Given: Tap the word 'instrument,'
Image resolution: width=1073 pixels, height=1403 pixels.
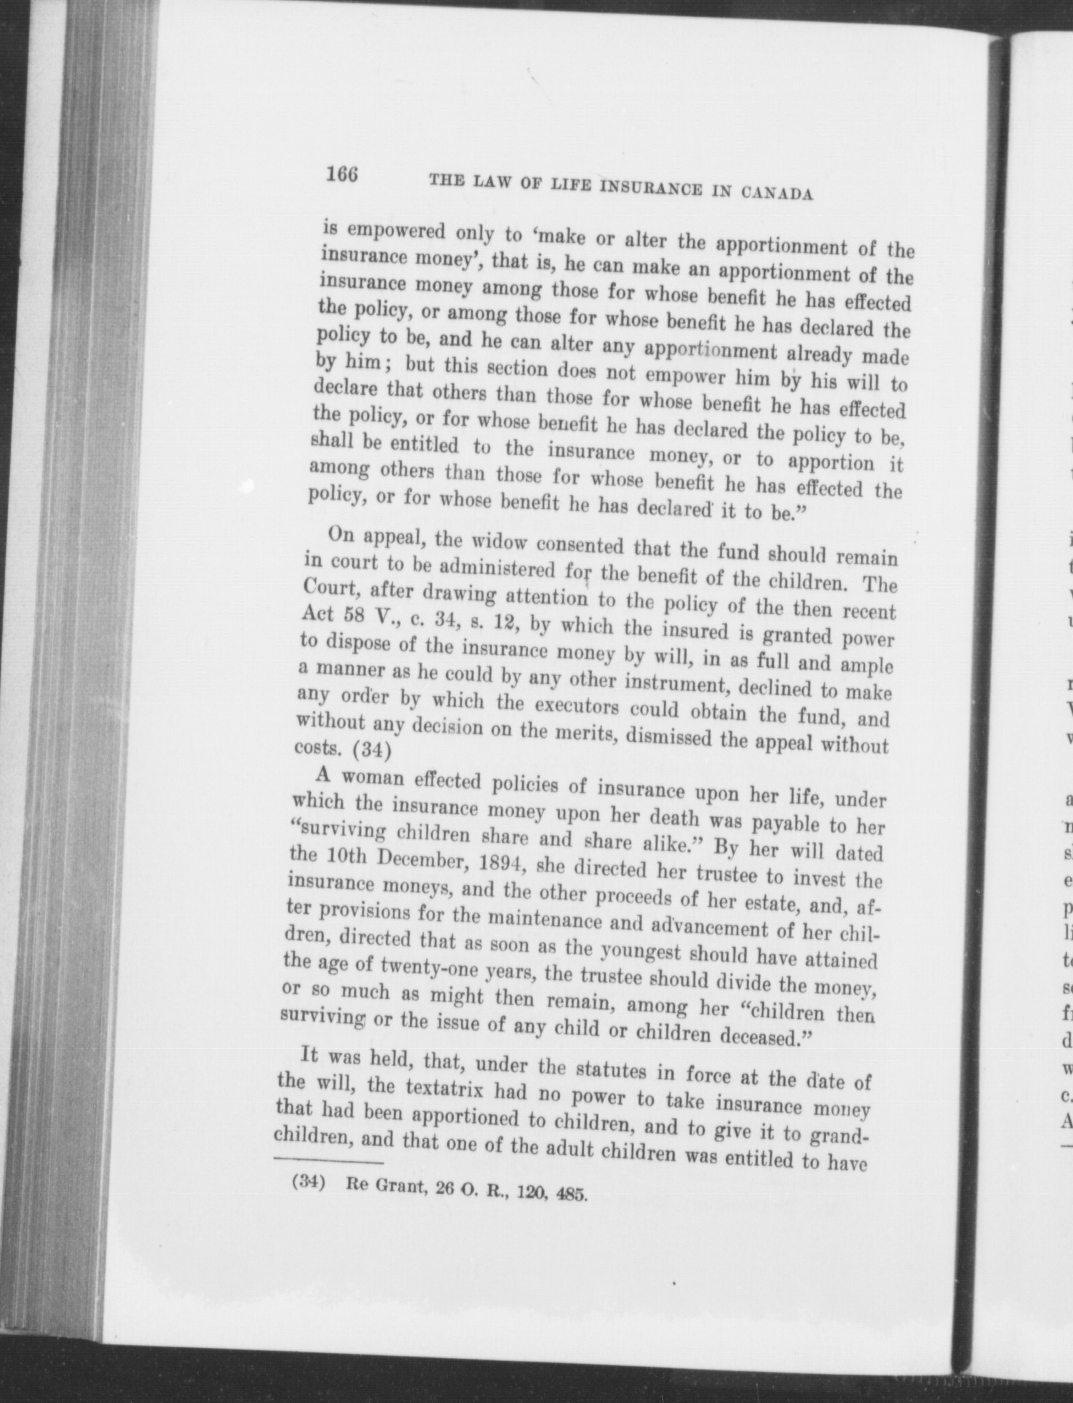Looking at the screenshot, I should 673,684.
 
